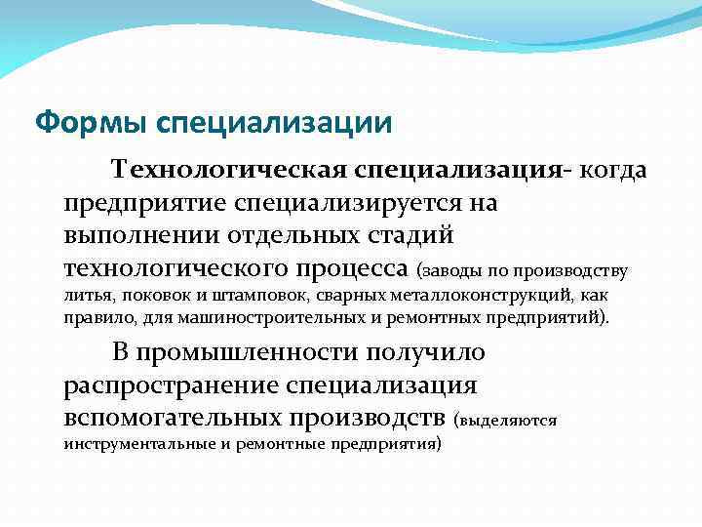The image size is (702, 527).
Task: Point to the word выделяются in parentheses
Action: (x=508, y=421)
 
